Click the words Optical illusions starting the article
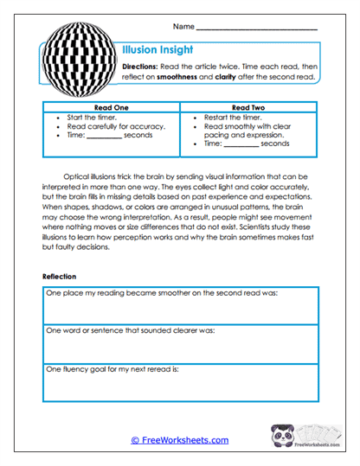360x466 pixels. pyautogui.click(x=102, y=172)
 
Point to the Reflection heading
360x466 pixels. pyautogui.click(x=61, y=276)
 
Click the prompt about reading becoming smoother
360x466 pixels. pyautogui.click(x=160, y=293)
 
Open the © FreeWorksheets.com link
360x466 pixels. pyautogui.click(x=179, y=440)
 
